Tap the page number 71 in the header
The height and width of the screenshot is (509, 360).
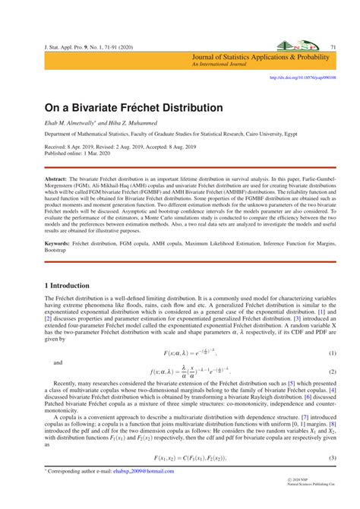point(333,48)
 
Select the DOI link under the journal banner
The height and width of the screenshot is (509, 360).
point(303,77)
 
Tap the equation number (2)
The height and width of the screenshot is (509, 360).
point(332,371)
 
